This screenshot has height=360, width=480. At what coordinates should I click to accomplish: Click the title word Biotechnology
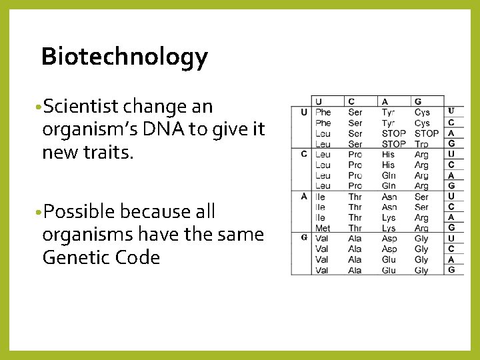(x=124, y=57)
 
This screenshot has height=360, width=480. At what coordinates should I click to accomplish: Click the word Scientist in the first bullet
(x=80, y=107)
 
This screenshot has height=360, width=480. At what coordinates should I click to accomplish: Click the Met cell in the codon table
(x=323, y=228)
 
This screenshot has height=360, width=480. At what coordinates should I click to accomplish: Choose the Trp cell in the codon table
(x=421, y=143)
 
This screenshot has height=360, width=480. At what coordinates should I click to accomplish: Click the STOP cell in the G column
(x=427, y=133)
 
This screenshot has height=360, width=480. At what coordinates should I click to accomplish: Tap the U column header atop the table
(x=319, y=101)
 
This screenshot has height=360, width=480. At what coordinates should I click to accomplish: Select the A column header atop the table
(x=385, y=101)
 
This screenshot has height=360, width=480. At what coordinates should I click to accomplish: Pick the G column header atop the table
(x=418, y=101)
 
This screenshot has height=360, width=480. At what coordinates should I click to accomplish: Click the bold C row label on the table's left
(x=303, y=154)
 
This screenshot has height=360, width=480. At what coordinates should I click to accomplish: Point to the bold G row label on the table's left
(x=303, y=238)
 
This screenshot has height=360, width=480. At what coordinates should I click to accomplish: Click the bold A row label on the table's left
(x=303, y=197)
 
